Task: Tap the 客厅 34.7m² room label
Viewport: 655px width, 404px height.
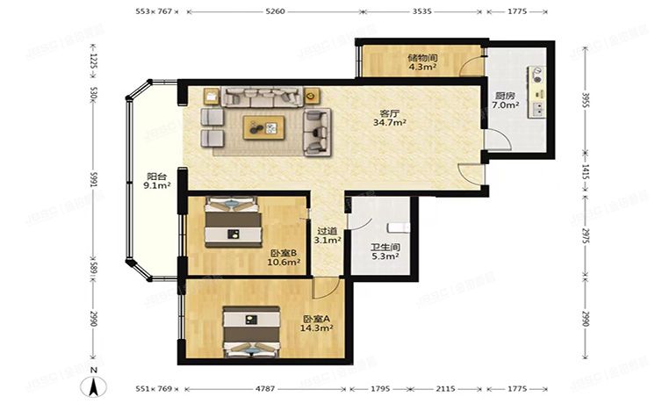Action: (x=390, y=118)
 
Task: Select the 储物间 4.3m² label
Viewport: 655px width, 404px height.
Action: (x=422, y=61)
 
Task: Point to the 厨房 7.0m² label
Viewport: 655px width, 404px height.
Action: (x=505, y=100)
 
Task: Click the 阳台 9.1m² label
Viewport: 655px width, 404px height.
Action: (x=156, y=181)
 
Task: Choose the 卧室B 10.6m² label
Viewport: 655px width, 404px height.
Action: (x=284, y=257)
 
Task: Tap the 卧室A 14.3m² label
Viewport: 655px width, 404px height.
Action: (x=317, y=323)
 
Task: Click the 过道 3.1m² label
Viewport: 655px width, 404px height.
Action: (x=327, y=235)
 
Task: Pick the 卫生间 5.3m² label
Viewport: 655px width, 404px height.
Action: (x=385, y=252)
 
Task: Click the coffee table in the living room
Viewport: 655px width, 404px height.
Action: (x=264, y=127)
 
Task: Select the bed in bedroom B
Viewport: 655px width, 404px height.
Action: (x=233, y=223)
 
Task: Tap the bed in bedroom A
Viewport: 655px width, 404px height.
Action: (x=251, y=332)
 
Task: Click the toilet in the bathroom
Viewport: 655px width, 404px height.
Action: (x=399, y=227)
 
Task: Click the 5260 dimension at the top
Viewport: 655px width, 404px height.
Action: (x=275, y=11)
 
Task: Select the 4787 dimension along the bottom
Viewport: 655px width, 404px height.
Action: (x=265, y=389)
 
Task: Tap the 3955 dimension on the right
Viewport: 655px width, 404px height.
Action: (x=585, y=100)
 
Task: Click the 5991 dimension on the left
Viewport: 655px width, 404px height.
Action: (x=94, y=181)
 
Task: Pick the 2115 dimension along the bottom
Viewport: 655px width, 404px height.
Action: (x=445, y=389)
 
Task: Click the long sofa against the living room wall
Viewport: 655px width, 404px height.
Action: (x=262, y=97)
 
